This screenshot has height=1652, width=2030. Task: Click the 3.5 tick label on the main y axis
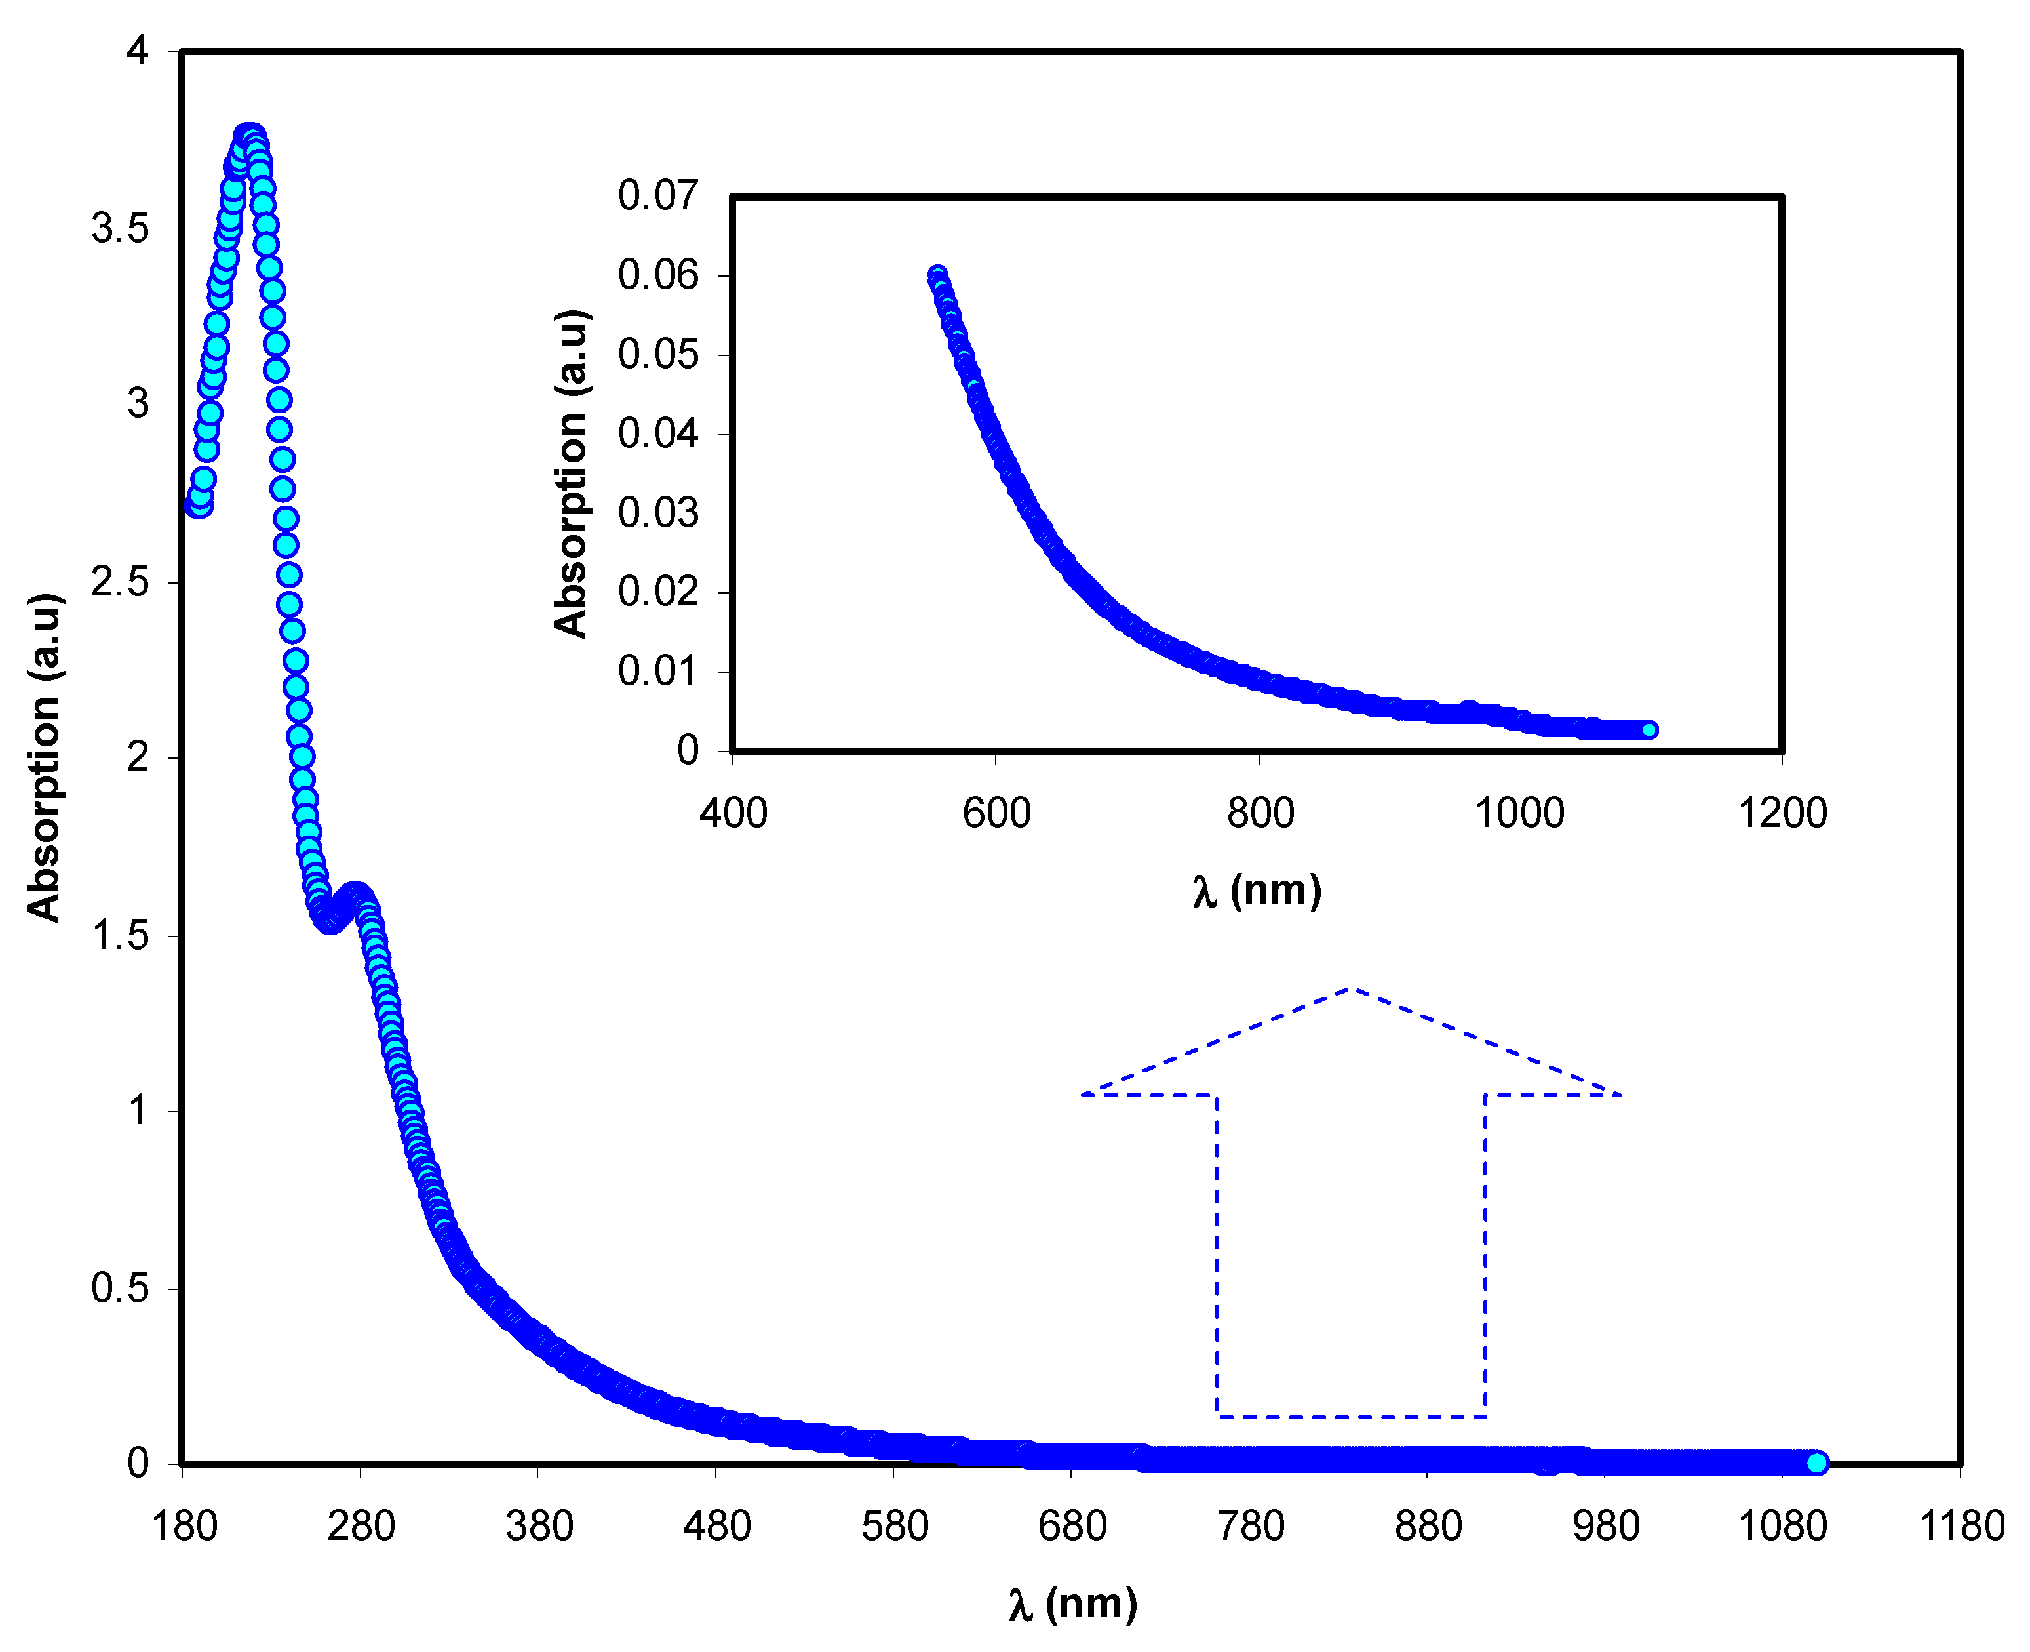pos(120,228)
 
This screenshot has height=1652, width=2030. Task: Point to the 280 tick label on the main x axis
pos(361,1526)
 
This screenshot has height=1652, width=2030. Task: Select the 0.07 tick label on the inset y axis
pos(658,196)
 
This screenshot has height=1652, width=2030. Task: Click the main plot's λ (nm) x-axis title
pos(1073,1603)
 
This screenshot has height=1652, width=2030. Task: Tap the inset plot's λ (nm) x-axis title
pos(1257,890)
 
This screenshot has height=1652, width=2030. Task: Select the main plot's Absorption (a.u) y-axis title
pos(44,758)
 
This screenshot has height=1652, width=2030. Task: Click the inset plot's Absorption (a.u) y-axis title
pos(571,473)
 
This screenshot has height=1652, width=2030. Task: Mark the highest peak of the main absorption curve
pos(248,136)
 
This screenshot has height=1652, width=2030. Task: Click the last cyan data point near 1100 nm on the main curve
pos(1816,1462)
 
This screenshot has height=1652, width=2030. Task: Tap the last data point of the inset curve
pos(1649,730)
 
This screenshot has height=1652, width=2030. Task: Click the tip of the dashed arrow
pos(1351,990)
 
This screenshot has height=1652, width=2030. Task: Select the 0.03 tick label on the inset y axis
pos(658,513)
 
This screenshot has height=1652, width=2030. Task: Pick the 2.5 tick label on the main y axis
pos(120,582)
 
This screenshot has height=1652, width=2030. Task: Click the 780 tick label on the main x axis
pos(1250,1526)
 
